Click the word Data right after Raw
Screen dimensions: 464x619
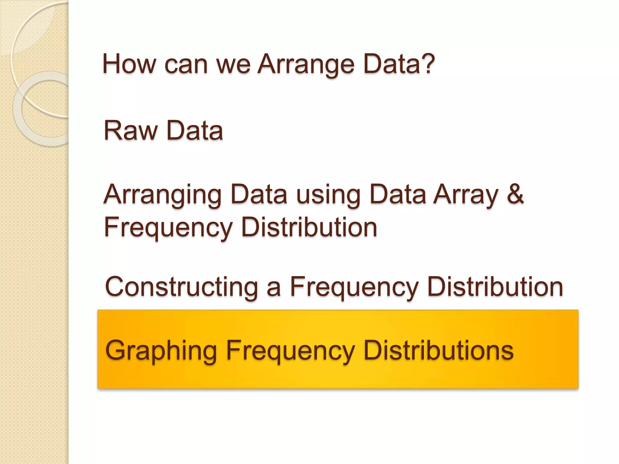pyautogui.click(x=195, y=130)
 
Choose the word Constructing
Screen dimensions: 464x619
pyautogui.click(x=181, y=287)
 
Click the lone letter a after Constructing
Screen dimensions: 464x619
pyautogui.click(x=274, y=288)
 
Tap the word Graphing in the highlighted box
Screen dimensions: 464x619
pyautogui.click(x=161, y=351)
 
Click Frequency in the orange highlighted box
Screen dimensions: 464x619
pyautogui.click(x=290, y=351)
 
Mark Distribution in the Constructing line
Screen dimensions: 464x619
pyautogui.click(x=495, y=287)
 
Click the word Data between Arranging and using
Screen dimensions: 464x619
pyautogui.click(x=258, y=195)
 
